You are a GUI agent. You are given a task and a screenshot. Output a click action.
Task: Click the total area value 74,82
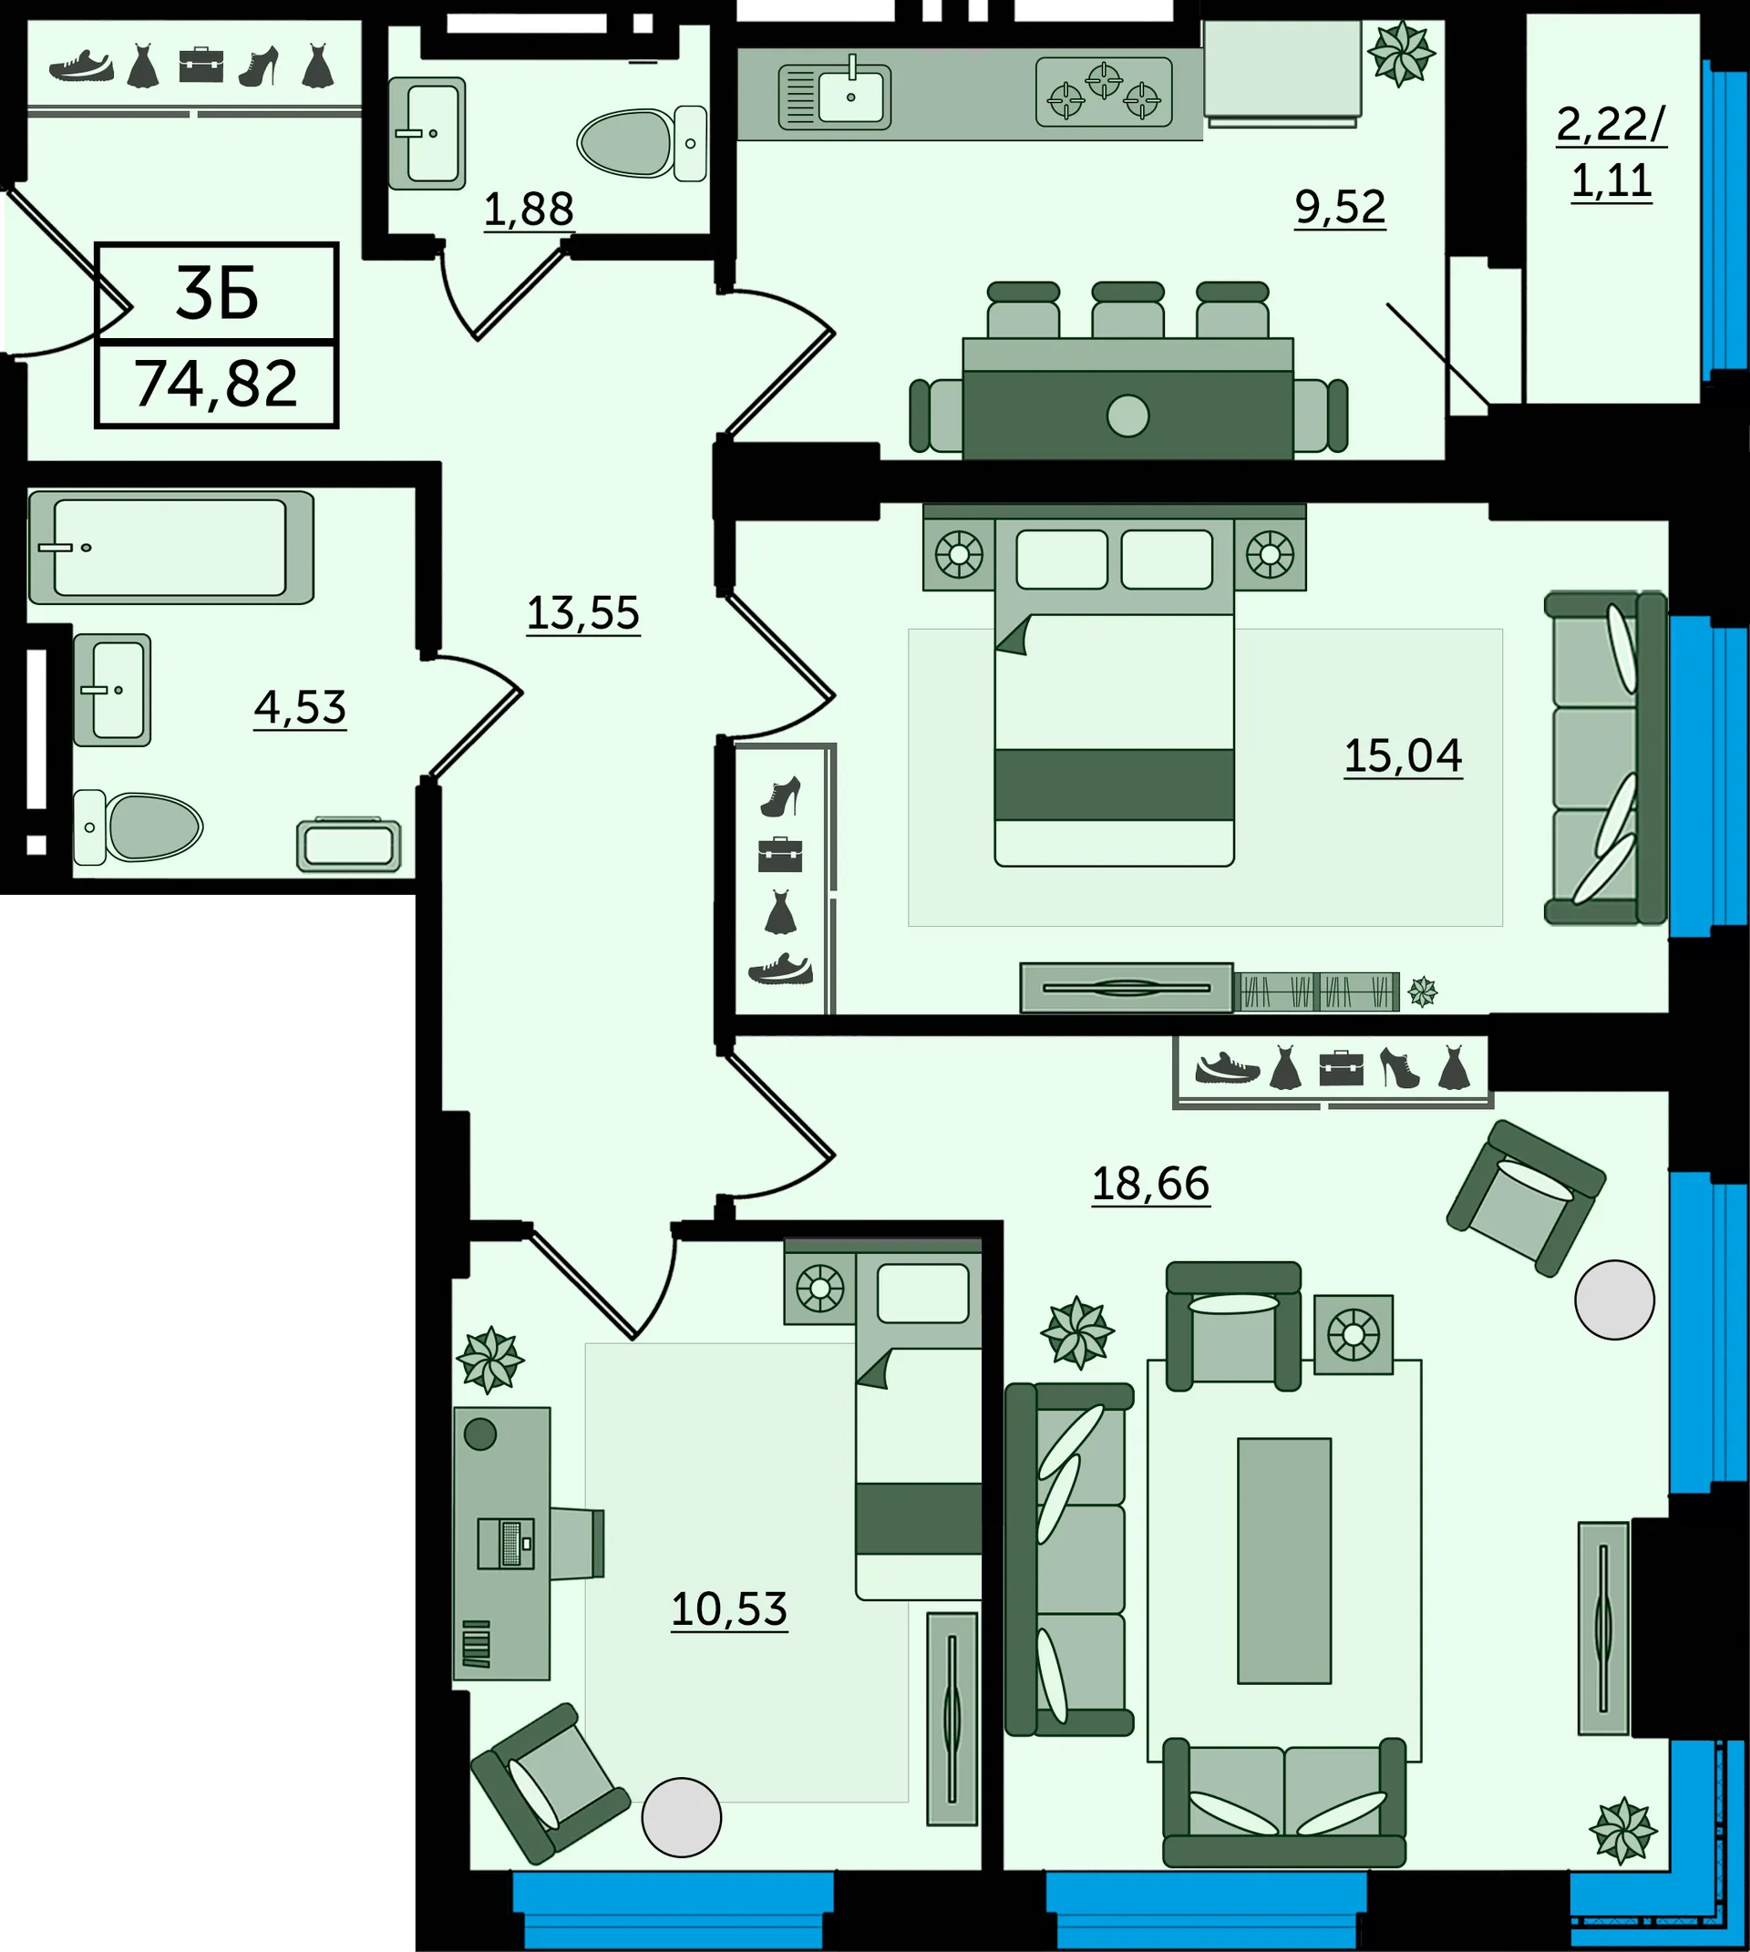(x=216, y=385)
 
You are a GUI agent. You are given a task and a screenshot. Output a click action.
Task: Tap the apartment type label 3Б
(x=217, y=293)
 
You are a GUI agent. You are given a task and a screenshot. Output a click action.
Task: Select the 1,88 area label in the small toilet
(x=528, y=209)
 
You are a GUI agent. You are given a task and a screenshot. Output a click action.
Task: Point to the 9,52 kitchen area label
(x=1341, y=207)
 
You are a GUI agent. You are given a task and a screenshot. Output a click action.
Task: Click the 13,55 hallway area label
(x=582, y=612)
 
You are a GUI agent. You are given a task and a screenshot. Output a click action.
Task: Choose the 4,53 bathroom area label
(x=300, y=708)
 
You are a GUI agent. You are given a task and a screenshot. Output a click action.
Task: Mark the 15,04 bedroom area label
(x=1403, y=755)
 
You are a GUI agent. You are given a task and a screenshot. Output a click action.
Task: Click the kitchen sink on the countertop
(x=835, y=97)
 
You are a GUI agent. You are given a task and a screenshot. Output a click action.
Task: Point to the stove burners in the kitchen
(x=1104, y=92)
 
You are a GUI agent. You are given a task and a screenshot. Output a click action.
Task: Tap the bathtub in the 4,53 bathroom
(x=171, y=547)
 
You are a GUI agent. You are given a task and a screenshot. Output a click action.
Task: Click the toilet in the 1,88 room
(x=643, y=143)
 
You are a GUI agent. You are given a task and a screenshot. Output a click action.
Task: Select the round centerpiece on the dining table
(x=1127, y=416)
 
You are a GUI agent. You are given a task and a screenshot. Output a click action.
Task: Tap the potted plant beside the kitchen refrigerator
(x=1402, y=54)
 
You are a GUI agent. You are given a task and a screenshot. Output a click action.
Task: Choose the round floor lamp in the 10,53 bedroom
(x=682, y=1816)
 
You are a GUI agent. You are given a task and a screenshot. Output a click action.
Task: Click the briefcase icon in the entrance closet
(x=201, y=66)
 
